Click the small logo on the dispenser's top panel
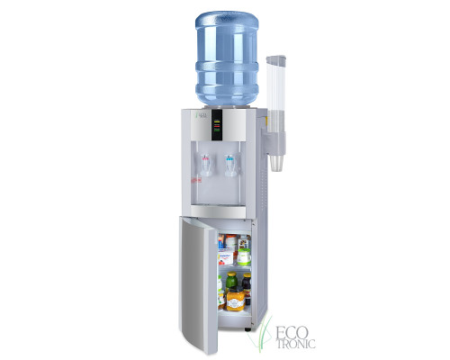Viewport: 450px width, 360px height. click(200, 115)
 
